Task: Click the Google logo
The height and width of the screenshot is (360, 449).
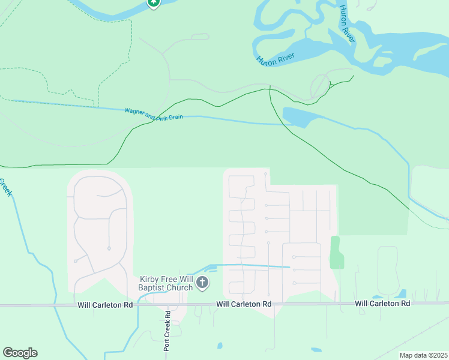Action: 20,353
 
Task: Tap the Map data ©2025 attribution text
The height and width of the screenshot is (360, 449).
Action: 423,355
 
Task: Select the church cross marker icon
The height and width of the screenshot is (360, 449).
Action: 202,282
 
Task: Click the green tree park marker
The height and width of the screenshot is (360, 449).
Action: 154,2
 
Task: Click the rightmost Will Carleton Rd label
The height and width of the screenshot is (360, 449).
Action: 382,304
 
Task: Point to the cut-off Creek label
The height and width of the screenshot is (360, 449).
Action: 5,187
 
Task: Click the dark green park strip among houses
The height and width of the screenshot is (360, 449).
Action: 337,253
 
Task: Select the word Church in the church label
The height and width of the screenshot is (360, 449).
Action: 180,287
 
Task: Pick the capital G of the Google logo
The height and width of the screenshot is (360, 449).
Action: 8,353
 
